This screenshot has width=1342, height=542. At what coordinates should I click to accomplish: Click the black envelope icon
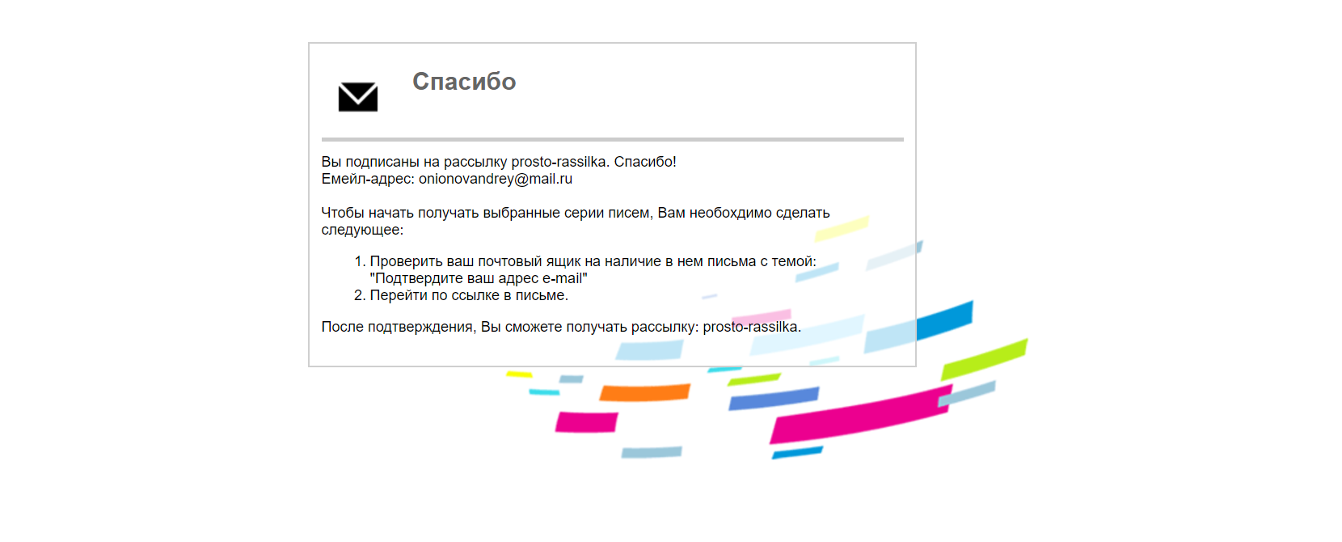coord(357,97)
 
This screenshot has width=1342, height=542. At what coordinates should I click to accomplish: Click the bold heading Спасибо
coord(464,82)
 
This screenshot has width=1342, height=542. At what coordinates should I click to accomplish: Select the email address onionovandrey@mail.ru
coord(496,179)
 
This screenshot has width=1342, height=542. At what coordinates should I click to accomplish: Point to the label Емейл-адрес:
coord(368,179)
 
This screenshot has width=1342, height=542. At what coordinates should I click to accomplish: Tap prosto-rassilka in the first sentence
coord(560,162)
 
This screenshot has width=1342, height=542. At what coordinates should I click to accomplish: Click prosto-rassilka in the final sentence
coord(752,327)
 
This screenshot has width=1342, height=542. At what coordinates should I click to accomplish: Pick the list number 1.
coord(360,261)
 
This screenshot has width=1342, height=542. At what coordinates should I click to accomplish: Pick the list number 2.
coord(360,295)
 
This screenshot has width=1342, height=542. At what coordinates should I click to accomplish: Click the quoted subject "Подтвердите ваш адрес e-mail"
coord(479,278)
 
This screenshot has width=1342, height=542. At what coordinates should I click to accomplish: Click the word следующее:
coord(362,230)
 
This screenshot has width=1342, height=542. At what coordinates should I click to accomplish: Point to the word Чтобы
coord(343,213)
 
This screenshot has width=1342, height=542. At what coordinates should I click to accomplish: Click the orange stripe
coord(644,392)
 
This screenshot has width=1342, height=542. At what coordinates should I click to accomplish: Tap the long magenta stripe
coord(861,415)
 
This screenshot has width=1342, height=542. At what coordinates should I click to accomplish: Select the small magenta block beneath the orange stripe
coord(587,421)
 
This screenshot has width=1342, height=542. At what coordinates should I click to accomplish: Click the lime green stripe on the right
coord(985,360)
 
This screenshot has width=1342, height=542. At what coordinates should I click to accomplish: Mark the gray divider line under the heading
coord(612,139)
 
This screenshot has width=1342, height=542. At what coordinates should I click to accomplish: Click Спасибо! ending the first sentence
coord(645,162)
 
